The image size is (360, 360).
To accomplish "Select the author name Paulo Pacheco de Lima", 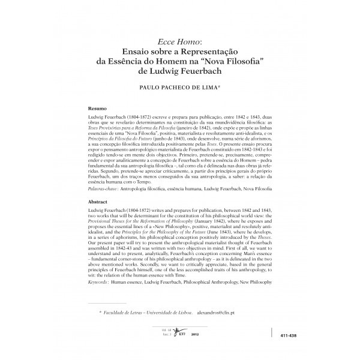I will pos(179,87).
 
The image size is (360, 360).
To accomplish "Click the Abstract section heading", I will pos(98,202).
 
